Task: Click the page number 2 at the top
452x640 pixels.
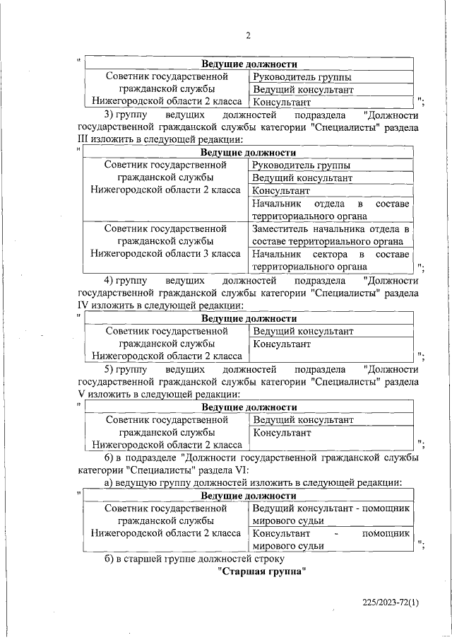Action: coord(248,36)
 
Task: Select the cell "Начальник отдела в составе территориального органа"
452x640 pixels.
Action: coord(331,210)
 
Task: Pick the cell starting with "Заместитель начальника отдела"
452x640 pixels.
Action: coord(331,235)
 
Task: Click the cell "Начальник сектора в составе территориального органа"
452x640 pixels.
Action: coord(331,260)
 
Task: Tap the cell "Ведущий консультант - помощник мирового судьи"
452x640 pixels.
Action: coord(331,514)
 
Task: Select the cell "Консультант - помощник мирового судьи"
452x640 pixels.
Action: coord(331,539)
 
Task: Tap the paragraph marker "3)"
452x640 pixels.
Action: coord(109,115)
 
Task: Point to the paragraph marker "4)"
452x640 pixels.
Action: coord(109,281)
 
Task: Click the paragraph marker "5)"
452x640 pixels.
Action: coord(109,369)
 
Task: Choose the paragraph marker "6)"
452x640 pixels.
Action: coord(109,458)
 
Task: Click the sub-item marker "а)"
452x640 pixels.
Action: coord(109,483)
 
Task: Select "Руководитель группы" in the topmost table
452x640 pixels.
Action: coord(302,77)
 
